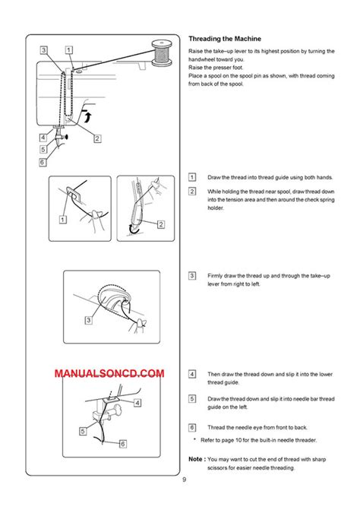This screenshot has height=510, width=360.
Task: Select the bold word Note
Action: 195,460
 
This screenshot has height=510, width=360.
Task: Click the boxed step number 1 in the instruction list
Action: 192,177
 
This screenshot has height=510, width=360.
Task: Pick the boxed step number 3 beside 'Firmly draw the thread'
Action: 192,275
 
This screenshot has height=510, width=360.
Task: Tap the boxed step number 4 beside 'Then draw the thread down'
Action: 192,375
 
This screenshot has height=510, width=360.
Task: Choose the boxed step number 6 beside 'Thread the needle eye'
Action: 192,428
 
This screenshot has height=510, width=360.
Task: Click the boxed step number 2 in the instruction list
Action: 192,190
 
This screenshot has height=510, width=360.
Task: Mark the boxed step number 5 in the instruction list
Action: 192,399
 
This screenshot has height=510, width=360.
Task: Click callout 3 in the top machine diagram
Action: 45,50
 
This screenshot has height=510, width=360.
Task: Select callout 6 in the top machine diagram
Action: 43,161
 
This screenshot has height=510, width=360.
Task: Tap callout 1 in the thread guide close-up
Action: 62,218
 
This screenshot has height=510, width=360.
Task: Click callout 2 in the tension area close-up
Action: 161,224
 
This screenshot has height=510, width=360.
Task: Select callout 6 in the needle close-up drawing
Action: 122,443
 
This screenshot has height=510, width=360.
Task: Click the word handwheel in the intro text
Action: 204,59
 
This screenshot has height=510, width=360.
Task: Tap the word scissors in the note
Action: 201,467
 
